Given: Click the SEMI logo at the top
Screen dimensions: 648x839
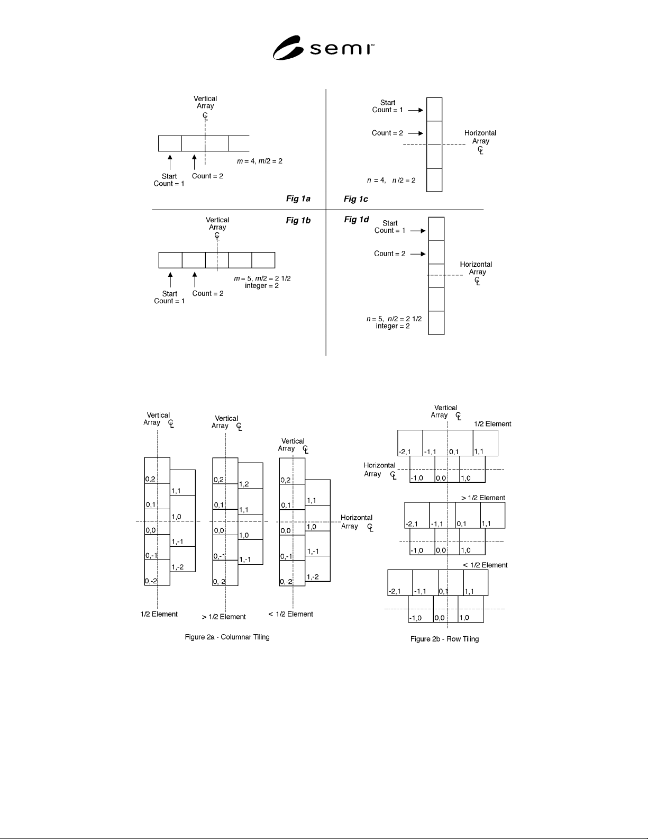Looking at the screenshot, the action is (x=323, y=48).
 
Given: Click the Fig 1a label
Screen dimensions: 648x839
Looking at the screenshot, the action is (x=298, y=199).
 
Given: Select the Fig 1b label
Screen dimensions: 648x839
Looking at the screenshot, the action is (x=298, y=220).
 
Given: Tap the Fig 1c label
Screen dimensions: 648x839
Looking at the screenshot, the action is (x=355, y=199).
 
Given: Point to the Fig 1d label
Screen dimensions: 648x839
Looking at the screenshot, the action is (x=357, y=219).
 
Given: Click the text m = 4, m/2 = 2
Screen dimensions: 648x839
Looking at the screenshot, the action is (x=260, y=161).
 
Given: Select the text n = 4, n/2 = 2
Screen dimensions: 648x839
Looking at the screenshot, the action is (x=391, y=181).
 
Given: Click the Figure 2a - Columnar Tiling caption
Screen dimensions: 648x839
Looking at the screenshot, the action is (x=227, y=637).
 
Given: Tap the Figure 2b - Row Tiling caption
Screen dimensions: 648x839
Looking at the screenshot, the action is (x=445, y=639).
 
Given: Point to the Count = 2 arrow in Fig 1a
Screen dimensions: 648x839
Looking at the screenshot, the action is (x=195, y=162).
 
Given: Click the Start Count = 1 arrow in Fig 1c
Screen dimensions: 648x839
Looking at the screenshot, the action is (x=416, y=110).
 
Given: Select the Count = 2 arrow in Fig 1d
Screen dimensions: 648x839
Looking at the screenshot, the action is (x=418, y=254).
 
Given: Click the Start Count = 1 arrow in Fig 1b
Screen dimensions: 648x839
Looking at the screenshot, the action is (x=170, y=280).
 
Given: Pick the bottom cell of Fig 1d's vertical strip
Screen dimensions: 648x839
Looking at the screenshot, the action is (x=436, y=323).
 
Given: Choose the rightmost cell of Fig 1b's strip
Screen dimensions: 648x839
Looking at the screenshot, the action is (x=263, y=260).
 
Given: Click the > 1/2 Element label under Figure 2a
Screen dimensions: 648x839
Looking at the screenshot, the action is (x=224, y=617).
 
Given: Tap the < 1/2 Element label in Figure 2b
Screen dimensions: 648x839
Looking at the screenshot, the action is (x=485, y=565).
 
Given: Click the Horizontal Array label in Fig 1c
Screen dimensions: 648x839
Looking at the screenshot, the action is (x=480, y=137).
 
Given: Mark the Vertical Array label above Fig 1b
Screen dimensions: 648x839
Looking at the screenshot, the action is (x=217, y=223).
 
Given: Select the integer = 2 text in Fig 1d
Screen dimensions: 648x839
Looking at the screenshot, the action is (x=393, y=326).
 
